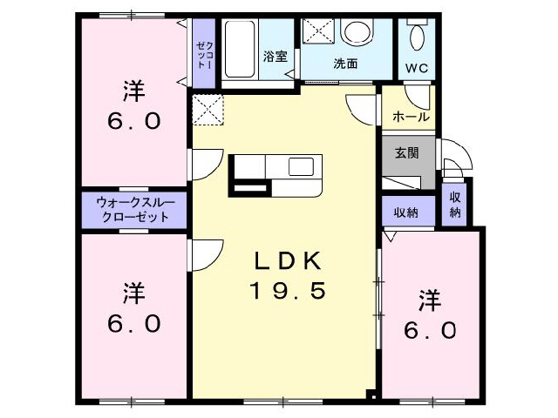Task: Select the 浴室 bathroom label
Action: coord(276,57)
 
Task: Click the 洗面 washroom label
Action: coord(346,64)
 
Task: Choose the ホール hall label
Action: coord(411,117)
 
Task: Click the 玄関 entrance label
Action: coord(407,153)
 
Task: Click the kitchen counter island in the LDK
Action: coord(276,172)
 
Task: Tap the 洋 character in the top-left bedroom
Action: coord(133,90)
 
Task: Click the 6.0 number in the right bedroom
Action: coord(429,330)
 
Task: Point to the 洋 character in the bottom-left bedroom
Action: coord(133,291)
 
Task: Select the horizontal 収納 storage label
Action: coord(405,212)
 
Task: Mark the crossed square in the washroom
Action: coord(315,31)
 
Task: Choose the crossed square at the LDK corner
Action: coord(208,110)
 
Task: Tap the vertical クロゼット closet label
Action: coord(202,54)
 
